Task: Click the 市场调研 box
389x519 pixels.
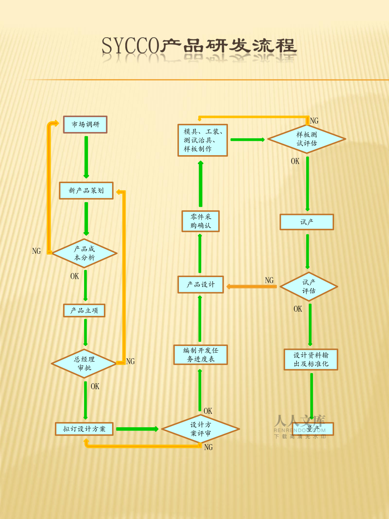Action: click(x=85, y=125)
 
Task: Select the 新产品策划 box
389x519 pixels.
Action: click(x=86, y=191)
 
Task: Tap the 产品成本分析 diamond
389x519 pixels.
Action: click(x=85, y=253)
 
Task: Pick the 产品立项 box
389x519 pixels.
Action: click(x=84, y=310)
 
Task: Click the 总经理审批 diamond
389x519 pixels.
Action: click(x=84, y=364)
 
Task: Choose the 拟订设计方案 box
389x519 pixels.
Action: click(x=85, y=429)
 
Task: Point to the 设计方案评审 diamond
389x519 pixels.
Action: click(x=200, y=429)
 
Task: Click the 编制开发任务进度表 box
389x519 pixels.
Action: click(x=200, y=355)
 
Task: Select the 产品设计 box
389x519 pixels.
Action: click(x=200, y=285)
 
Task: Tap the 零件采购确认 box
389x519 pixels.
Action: click(x=200, y=221)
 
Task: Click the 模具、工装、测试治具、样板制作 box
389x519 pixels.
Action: click(x=203, y=140)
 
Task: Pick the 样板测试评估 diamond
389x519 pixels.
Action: click(x=307, y=139)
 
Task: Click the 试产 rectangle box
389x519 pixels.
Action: click(x=307, y=222)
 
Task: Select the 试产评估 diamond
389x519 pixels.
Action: click(x=309, y=287)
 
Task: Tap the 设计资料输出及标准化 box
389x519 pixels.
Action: click(x=311, y=360)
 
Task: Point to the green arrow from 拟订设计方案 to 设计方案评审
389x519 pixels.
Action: click(x=137, y=429)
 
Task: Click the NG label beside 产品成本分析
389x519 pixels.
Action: click(x=36, y=251)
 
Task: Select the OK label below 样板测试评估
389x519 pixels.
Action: click(x=295, y=162)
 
